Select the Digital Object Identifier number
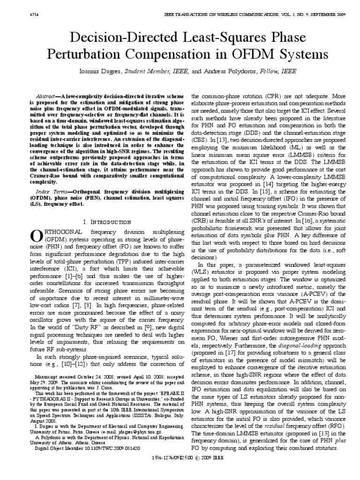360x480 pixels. (x=105, y=461)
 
